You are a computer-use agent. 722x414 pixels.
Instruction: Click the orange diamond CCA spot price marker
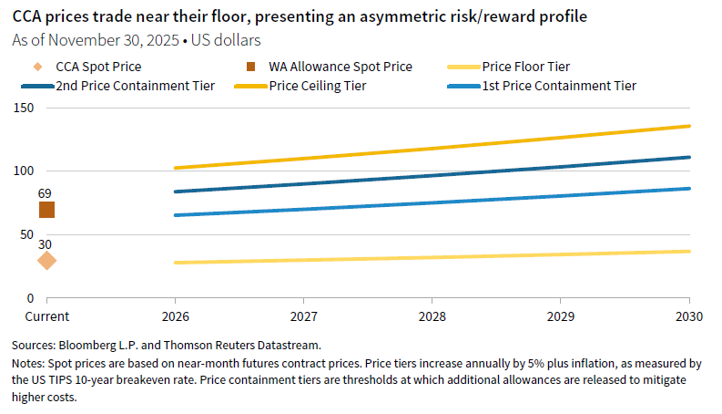tap(46, 261)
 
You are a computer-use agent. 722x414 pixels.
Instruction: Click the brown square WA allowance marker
tap(46, 210)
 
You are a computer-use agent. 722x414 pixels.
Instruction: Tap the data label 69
tap(45, 193)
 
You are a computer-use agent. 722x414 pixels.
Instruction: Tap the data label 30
tap(45, 243)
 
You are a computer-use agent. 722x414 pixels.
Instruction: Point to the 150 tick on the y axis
tap(23, 108)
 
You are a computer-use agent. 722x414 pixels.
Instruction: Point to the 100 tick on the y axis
tap(23, 171)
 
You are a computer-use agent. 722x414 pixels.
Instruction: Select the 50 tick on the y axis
tap(25, 234)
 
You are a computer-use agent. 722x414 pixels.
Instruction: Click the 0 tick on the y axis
tap(29, 298)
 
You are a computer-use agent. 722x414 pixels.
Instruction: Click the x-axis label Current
tap(46, 316)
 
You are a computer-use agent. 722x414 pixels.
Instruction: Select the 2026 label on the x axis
tap(175, 316)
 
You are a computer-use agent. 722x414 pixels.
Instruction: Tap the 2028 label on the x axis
tap(432, 316)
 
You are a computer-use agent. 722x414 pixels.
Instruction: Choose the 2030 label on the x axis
tap(688, 316)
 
